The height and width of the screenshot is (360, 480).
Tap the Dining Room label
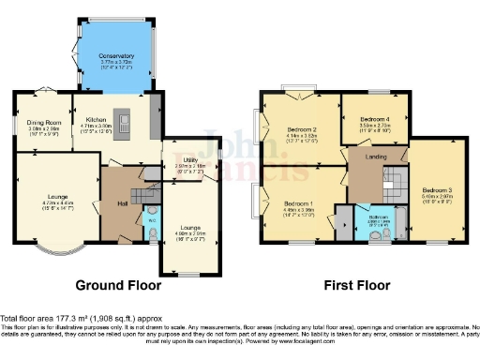pos(43,123)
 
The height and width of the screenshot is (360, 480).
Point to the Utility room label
pos(184,163)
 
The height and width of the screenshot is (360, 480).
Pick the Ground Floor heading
pos(118,285)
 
